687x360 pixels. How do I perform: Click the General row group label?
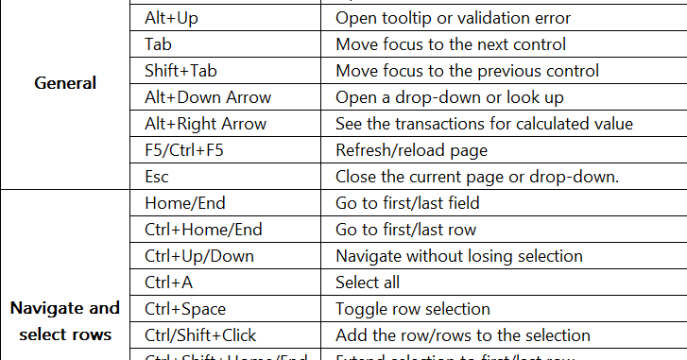pos(65,83)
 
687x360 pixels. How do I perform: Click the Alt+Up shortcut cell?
pos(171,18)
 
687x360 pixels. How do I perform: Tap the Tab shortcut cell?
pos(158,44)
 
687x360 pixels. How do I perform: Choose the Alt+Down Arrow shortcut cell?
pos(208,97)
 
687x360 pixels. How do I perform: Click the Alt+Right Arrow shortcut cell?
pos(205,124)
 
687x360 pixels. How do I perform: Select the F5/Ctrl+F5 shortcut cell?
pos(184,150)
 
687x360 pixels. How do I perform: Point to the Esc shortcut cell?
pos(157,177)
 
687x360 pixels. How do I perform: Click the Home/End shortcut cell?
pos(185,203)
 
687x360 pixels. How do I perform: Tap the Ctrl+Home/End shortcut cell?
pos(203,230)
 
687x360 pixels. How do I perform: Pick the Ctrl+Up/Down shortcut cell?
pos(199,256)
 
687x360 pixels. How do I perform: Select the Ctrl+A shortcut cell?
pos(168,283)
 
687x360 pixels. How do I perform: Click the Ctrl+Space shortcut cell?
pos(186,309)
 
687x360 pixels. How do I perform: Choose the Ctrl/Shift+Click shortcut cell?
pos(200,335)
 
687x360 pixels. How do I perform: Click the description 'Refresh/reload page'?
pos(411,150)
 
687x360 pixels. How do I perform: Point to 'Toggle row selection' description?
pos(413,309)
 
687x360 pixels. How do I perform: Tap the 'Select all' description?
pos(368,283)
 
